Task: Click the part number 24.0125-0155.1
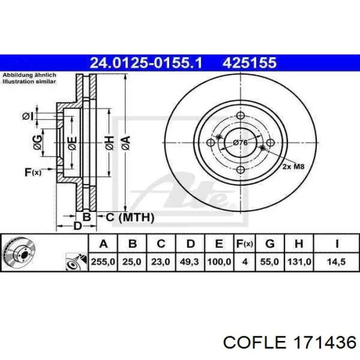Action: tap(146, 63)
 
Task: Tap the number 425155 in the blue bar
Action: tap(249, 63)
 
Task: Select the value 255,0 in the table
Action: tap(103, 262)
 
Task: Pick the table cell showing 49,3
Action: tap(189, 262)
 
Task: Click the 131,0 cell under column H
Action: tap(299, 262)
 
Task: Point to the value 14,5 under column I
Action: tap(336, 262)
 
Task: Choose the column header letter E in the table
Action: tap(219, 244)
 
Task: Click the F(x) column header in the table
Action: tap(244, 244)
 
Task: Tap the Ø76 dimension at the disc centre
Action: tap(240, 143)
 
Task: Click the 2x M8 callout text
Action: tap(293, 166)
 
